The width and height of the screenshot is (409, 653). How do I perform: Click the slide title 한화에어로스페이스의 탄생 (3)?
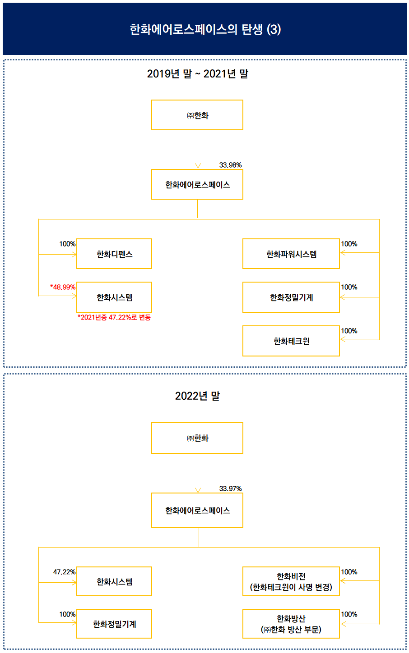[x=205, y=29]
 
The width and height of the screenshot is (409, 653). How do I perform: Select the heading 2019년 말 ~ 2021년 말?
[x=197, y=74]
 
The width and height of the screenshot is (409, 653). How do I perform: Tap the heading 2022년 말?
[x=197, y=396]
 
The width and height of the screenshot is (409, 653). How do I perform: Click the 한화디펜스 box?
[x=114, y=254]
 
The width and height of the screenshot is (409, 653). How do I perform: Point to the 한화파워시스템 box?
[x=291, y=254]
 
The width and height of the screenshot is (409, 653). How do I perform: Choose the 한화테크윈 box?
[x=291, y=341]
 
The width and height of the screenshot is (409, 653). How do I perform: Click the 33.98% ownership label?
[x=230, y=165]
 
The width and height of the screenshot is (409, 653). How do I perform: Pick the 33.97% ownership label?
[x=230, y=489]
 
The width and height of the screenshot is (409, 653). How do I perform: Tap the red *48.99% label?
[x=63, y=287]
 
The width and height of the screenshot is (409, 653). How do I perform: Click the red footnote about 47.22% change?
[x=114, y=317]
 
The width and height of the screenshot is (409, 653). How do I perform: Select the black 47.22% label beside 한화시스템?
[x=64, y=572]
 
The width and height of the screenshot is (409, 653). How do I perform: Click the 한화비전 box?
[x=291, y=581]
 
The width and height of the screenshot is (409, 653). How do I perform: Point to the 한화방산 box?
[x=291, y=624]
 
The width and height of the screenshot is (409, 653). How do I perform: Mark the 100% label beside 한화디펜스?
[x=67, y=244]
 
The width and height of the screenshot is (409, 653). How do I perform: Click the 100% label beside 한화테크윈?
[x=349, y=331]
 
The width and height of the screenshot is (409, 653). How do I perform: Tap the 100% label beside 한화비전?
[x=349, y=572]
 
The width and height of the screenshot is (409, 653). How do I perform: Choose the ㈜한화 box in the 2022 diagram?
[x=197, y=438]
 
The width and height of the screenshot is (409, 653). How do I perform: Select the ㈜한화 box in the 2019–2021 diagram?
[x=197, y=115]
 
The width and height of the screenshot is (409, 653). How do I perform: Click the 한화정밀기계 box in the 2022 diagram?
[x=114, y=624]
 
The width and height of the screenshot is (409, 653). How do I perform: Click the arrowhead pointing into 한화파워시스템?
[x=343, y=252]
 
